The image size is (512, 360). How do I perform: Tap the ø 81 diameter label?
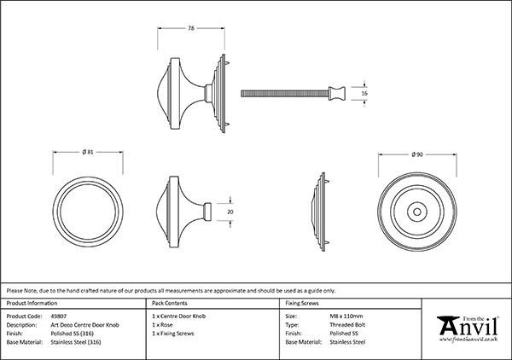[x=88, y=152]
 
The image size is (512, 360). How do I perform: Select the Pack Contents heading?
[x=169, y=303]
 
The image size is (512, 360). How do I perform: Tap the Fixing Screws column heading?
[x=303, y=303]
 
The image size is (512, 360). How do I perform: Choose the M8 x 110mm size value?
[x=345, y=316]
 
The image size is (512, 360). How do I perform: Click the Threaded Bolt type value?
[x=342, y=324]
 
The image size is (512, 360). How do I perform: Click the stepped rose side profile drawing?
[x=320, y=210]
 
